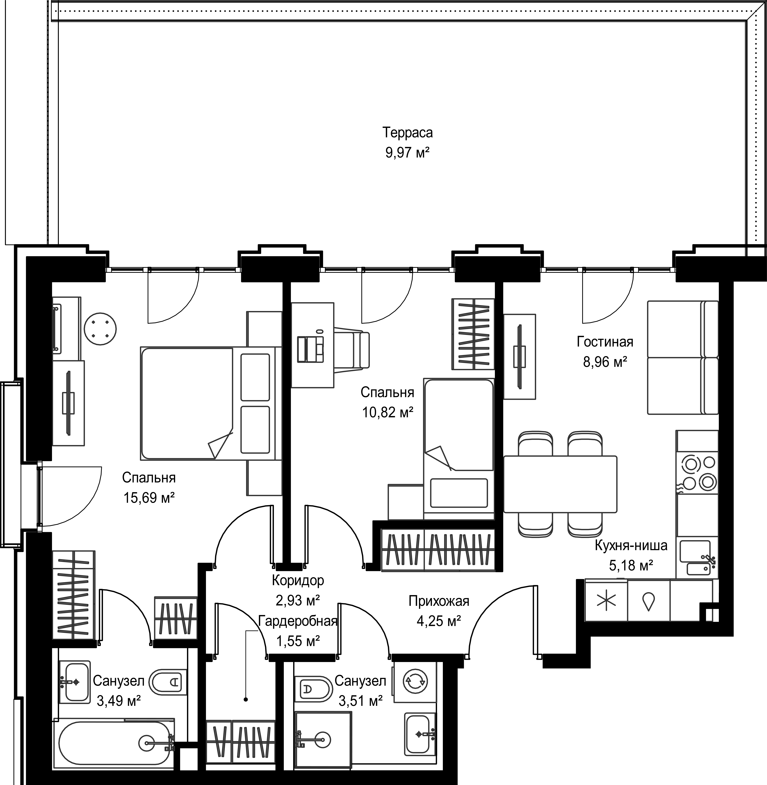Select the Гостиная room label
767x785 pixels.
point(605,342)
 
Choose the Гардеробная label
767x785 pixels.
point(298,621)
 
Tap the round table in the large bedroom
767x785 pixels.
point(100,329)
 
